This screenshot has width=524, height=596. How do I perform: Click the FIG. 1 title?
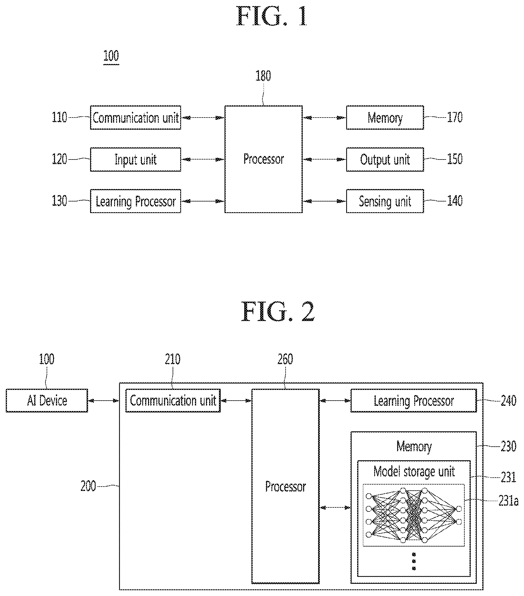(271, 16)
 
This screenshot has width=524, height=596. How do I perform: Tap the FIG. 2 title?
(277, 312)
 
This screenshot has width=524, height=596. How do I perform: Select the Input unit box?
(135, 159)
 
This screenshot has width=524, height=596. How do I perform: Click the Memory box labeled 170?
(385, 118)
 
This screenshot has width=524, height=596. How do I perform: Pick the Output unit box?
(385, 159)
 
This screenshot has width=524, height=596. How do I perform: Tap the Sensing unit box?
(385, 201)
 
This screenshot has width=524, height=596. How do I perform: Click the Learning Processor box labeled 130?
(135, 201)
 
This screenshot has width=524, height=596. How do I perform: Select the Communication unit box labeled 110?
(135, 118)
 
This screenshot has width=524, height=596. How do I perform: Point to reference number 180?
(263, 76)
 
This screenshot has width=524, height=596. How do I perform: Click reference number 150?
(454, 159)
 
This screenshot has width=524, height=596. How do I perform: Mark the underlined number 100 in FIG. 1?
(111, 56)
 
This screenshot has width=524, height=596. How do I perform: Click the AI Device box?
(47, 401)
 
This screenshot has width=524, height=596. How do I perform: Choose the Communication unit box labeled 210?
(173, 401)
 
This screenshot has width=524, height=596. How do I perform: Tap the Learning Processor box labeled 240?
(414, 401)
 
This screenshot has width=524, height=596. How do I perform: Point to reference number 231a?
(508, 501)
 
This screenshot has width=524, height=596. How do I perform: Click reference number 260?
(285, 359)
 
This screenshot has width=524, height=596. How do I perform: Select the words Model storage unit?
(414, 472)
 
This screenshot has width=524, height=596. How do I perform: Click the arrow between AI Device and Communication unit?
(104, 401)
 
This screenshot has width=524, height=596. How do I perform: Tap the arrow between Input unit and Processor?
(203, 159)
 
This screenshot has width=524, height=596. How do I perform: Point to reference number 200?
(88, 486)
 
